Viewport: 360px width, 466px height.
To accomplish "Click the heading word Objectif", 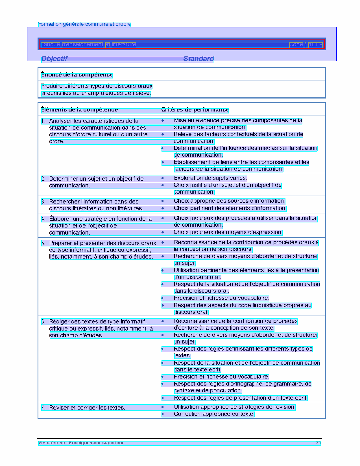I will click(54, 59).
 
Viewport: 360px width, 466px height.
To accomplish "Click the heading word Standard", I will click(198, 59).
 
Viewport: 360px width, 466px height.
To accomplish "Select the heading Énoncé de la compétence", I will click(77, 75).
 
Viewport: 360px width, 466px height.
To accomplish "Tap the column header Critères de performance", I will click(195, 110).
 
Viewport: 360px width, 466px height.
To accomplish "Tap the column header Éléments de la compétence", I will click(79, 110).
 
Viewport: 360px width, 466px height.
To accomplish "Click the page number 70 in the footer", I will click(318, 443).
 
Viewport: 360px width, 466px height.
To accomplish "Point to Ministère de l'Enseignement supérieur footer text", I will click(81, 443).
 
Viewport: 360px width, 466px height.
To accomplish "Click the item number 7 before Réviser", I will click(43, 408).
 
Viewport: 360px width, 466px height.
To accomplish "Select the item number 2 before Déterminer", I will click(43, 179).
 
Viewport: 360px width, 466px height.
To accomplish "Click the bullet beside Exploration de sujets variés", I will click(163, 178).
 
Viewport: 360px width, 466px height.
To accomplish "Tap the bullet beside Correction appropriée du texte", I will click(163, 414).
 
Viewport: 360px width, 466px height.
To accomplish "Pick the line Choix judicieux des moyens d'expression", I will click(228, 232).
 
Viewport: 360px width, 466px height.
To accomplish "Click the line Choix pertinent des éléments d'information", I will click(230, 208).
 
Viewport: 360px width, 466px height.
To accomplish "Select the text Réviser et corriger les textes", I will click(87, 408).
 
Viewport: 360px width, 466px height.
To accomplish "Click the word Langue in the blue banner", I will click(50, 45).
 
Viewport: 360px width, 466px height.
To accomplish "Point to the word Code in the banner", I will click(296, 45).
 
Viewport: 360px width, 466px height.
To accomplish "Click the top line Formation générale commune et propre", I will click(84, 24).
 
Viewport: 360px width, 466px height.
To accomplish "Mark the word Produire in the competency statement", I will click(52, 86).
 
